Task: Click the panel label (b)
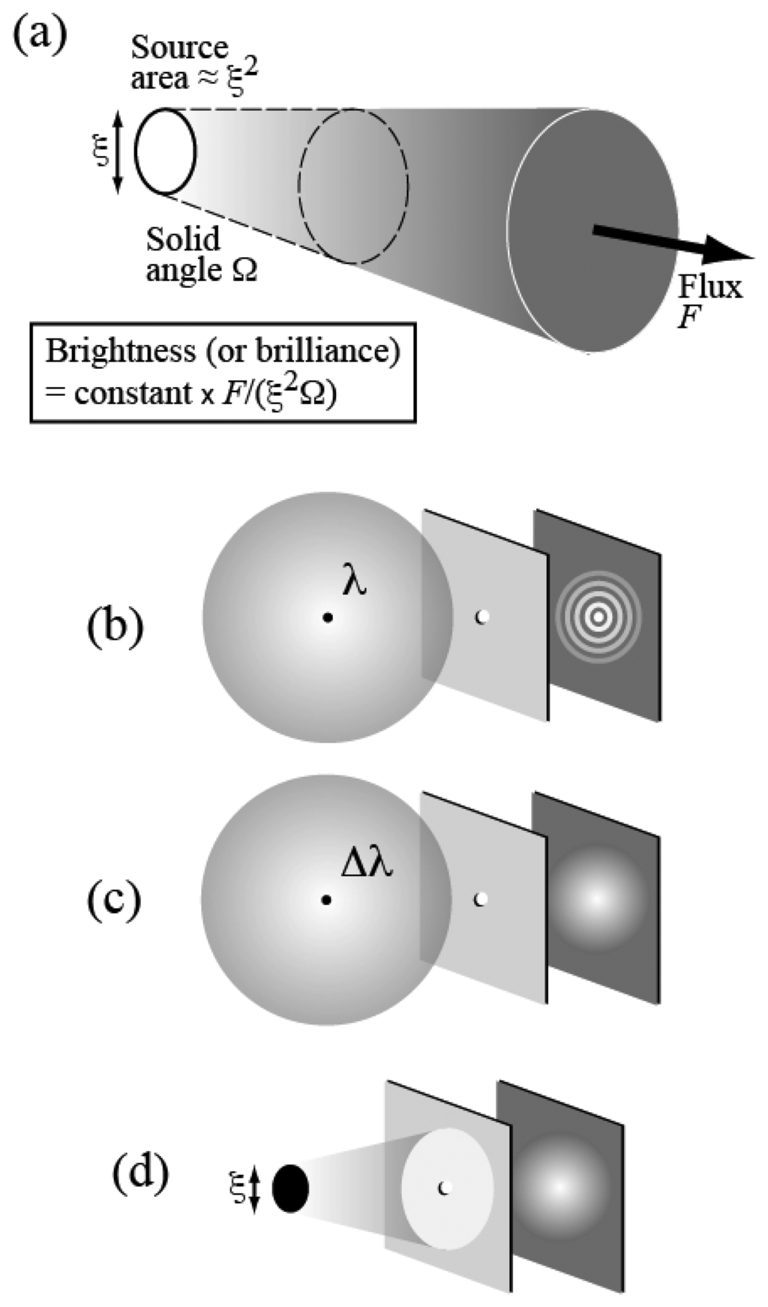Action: tap(115, 625)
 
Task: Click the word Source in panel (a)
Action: tap(179, 48)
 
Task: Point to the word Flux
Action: tap(709, 286)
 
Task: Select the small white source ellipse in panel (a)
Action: tap(165, 151)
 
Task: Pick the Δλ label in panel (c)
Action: tap(367, 865)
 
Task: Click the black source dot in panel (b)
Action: tap(328, 617)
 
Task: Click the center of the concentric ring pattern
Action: tap(598, 616)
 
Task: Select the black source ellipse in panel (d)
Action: tap(290, 1188)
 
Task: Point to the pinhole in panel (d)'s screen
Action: tap(443, 1187)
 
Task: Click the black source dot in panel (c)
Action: tap(326, 899)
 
